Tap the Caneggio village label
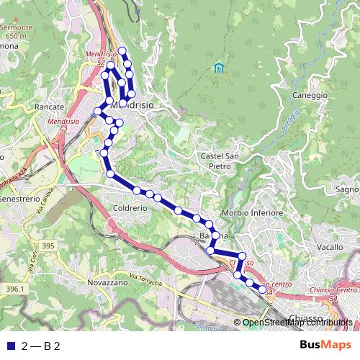pyautogui.click(x=310, y=94)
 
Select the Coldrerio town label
pyautogui.click(x=130, y=207)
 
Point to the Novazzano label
pyautogui.click(x=107, y=283)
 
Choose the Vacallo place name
pyautogui.click(x=329, y=247)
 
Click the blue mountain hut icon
pyautogui.click(x=218, y=68)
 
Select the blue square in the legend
pyautogui.click(x=10, y=346)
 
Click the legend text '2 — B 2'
pyautogui.click(x=42, y=346)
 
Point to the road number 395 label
pyautogui.click(x=48, y=246)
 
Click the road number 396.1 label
pyautogui.click(x=13, y=289)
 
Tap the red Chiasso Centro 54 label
pyautogui.click(x=336, y=292)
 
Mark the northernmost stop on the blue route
pyautogui.click(x=122, y=50)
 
